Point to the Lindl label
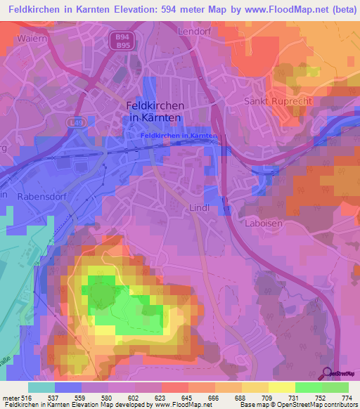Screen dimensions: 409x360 [200, 208]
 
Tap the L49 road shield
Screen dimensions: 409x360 [76, 122]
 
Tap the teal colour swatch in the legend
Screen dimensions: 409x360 [41, 387]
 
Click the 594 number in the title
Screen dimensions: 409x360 [180, 10]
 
